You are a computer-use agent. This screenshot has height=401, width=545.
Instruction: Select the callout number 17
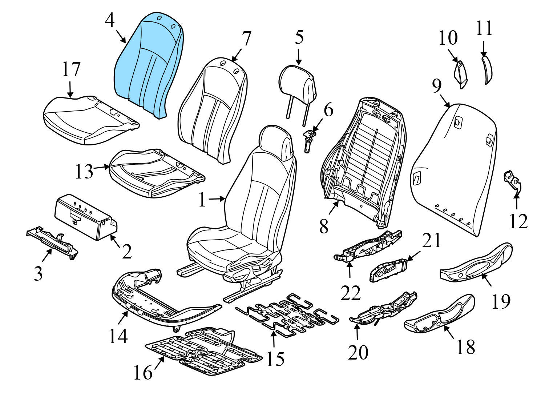point(70,69)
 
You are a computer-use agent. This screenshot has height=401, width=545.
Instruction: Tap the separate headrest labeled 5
point(298,82)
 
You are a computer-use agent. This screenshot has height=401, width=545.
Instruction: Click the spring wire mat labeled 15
point(287,311)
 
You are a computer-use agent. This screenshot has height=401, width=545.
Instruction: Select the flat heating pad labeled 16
point(203,347)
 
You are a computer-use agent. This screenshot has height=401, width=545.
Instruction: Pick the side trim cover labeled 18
point(440,314)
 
